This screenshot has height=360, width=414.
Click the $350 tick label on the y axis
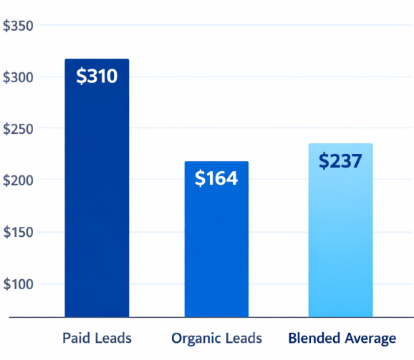pos(18,26)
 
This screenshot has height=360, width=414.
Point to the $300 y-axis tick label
pos(18,77)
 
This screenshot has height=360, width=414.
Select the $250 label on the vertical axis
pos(18,129)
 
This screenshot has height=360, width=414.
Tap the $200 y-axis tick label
pos(18,180)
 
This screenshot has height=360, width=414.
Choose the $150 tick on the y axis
pos(18,233)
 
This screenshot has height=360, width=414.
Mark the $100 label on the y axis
pos(18,284)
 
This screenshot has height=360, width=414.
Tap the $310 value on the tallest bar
pos(97,76)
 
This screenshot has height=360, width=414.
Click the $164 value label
pos(216,178)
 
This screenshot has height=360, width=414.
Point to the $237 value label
pos(340,161)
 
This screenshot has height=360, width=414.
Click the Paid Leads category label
pos(97,337)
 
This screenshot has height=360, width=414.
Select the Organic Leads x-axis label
pos(216,338)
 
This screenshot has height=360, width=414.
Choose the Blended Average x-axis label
pos(342,338)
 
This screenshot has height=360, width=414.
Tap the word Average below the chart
pos(370,338)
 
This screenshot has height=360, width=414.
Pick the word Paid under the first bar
pos(76,337)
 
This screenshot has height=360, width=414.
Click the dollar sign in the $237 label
pos(324,161)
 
